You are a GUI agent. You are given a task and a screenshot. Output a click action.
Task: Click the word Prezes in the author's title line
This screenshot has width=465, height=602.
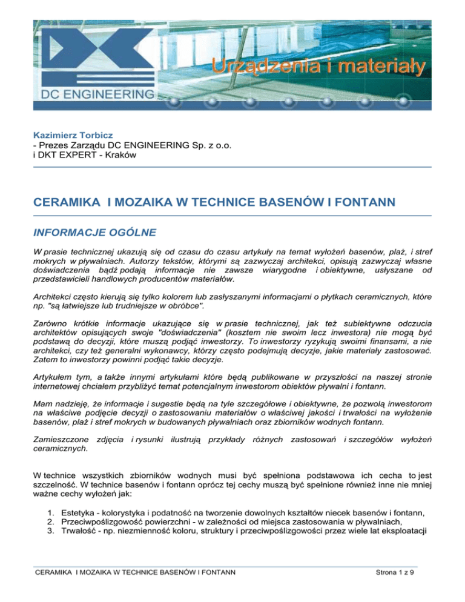[56, 146]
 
